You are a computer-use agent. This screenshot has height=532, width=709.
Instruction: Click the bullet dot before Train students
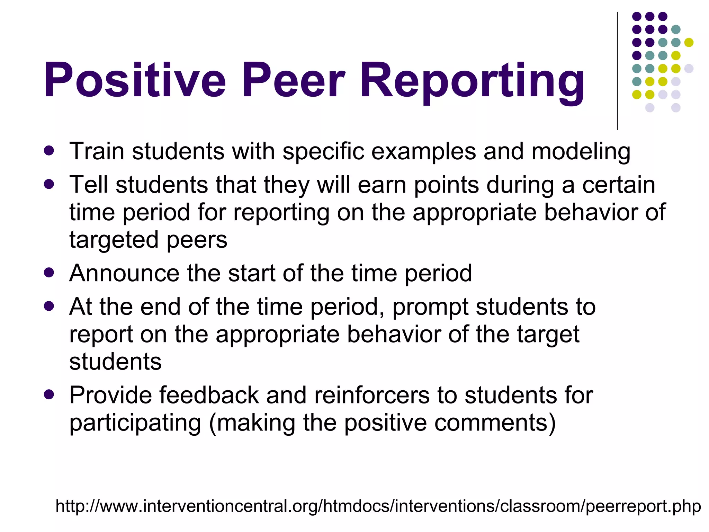click(x=49, y=151)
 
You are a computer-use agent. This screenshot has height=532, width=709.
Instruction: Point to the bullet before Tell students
click(x=49, y=184)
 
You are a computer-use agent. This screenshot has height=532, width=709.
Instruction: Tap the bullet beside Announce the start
click(x=49, y=273)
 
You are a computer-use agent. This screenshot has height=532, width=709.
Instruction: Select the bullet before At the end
click(x=49, y=306)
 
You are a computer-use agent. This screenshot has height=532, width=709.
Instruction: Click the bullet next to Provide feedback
click(x=49, y=394)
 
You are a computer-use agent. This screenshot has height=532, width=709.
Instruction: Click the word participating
click(x=135, y=423)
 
